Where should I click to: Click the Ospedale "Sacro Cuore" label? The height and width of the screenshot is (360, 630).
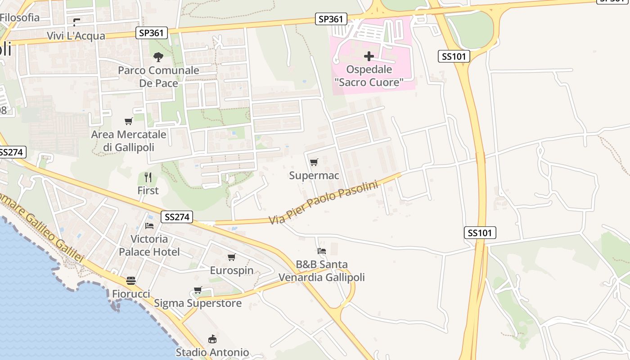click(x=369, y=76)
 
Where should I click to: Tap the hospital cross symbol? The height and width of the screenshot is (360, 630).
click(x=369, y=56)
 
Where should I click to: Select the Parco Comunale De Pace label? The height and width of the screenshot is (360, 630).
click(x=158, y=76)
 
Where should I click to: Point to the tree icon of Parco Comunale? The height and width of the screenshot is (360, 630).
click(x=158, y=57)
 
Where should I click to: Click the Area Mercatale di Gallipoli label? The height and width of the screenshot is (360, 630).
click(x=129, y=141)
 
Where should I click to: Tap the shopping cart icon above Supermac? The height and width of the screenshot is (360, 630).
click(x=314, y=162)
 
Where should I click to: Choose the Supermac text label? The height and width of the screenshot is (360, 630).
click(x=314, y=175)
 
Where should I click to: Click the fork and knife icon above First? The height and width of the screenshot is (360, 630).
click(x=148, y=177)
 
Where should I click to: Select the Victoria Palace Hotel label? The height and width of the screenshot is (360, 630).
click(x=149, y=245)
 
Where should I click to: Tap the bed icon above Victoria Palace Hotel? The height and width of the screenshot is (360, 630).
click(x=149, y=225)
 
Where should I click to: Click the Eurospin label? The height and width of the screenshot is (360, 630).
click(x=232, y=270)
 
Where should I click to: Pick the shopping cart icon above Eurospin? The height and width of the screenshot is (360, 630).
click(x=231, y=257)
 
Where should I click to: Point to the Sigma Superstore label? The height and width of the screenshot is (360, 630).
click(x=198, y=303)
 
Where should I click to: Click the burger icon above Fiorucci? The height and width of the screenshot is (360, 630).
click(x=131, y=281)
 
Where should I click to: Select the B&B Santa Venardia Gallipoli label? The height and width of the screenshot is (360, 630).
click(x=321, y=271)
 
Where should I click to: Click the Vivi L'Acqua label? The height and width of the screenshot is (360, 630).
click(x=76, y=36)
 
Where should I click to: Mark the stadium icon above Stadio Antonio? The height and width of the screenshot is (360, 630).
click(x=212, y=339)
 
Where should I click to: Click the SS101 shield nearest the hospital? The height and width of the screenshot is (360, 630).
click(x=454, y=56)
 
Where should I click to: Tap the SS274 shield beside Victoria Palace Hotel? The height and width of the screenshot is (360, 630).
click(x=177, y=217)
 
